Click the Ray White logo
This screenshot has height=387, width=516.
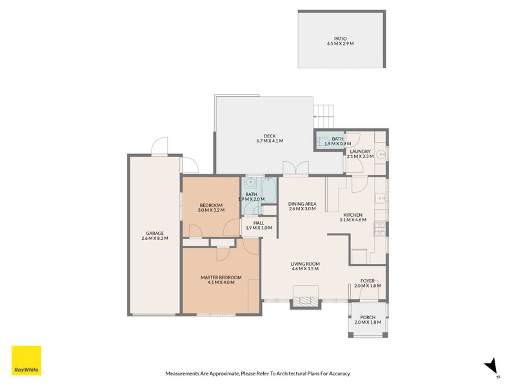pos(26,361)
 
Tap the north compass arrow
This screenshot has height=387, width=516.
pos(491,366)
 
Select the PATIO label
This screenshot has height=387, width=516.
pos(341,39)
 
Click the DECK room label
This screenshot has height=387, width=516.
pos(270,136)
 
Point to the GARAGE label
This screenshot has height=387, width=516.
pos(155,233)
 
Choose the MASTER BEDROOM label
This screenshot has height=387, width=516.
pos(221,277)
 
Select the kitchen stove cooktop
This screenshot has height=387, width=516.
pos(379,229)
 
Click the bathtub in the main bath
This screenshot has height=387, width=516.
pos(269,190)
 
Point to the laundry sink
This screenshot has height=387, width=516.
pos(381,154)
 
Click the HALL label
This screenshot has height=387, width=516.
pos(259,223)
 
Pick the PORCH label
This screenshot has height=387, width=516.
pos(368,317)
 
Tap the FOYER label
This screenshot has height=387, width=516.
pos(367,281)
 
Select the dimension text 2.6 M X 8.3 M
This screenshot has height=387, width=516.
pos(155,238)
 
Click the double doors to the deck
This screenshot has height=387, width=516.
pos(296,168)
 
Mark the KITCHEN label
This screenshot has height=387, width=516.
pos(353,215)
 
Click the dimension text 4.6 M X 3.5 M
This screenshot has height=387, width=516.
pos(305,268)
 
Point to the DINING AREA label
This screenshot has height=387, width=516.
pos(302,204)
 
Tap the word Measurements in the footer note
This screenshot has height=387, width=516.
pos(182,373)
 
